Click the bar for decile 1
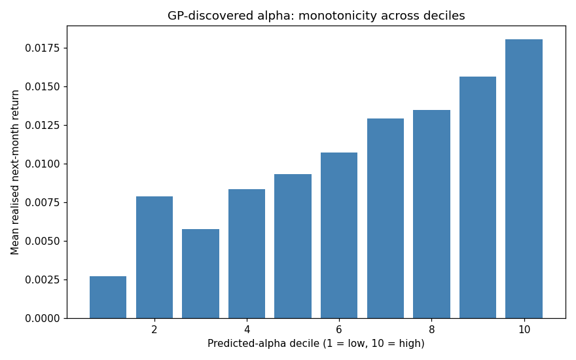pos(108,297)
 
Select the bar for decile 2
pos(154,257)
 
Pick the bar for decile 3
pos(200,274)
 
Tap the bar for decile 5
pos(293,246)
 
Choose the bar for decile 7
pos(386,218)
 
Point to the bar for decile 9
pos(478,197)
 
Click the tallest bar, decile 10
pos(524,179)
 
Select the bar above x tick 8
pos(431,214)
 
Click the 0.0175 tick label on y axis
pos(41,48)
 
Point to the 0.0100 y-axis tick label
pos(41,164)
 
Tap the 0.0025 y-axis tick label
pos(41,280)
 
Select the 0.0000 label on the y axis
pos(41,319)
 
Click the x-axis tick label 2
pos(154,329)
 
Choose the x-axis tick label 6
pos(338,329)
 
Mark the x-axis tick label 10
pos(524,329)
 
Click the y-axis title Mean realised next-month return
pos(14,172)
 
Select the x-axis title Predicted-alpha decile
pos(263,344)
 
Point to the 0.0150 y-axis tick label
pos(41,86)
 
